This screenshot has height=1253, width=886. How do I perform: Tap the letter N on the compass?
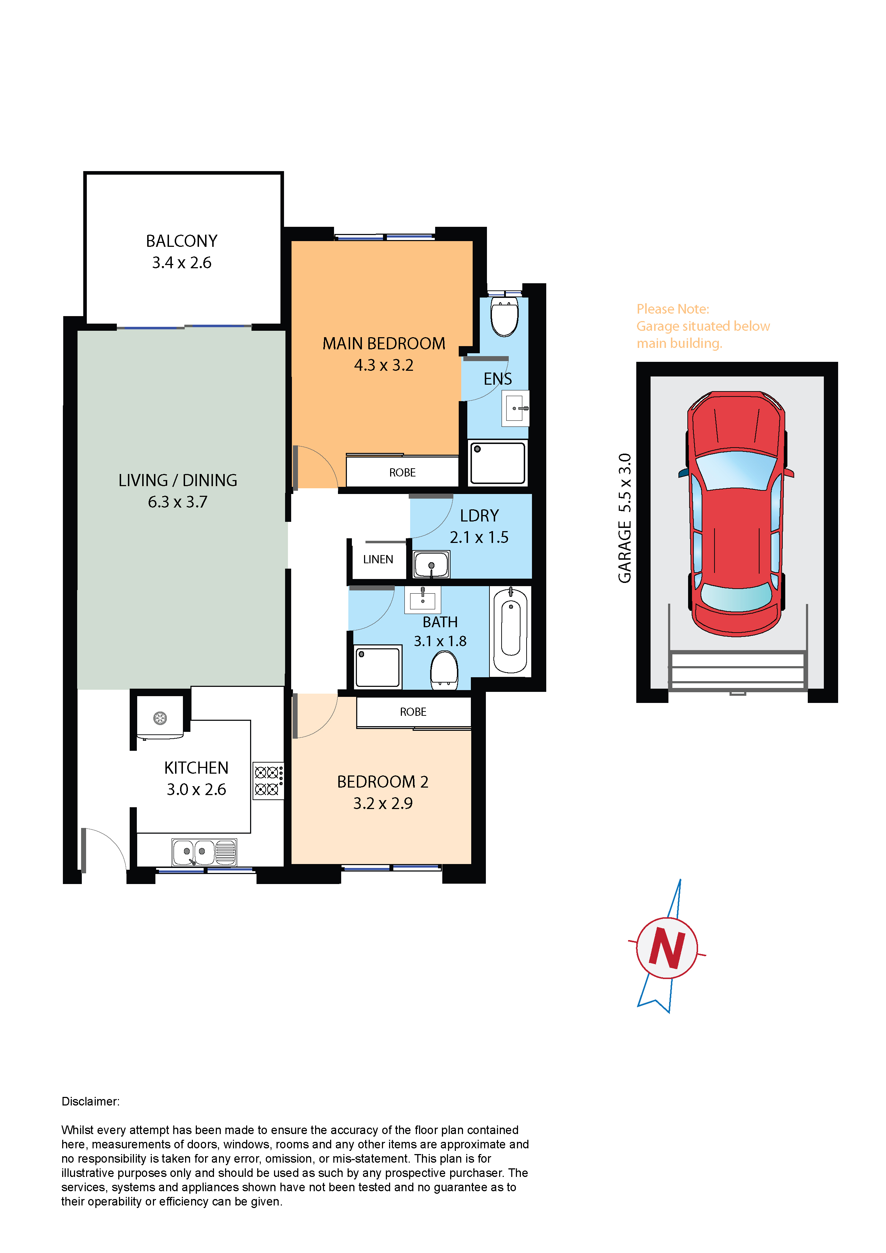(667, 948)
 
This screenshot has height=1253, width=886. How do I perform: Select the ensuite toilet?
(504, 316)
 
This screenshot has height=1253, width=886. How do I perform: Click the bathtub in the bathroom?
(511, 630)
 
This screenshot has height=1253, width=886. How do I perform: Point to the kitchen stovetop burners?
(268, 780)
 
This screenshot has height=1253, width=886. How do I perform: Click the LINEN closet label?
(378, 559)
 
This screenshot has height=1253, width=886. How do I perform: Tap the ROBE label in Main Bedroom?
(402, 473)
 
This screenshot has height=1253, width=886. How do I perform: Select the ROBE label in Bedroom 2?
(413, 712)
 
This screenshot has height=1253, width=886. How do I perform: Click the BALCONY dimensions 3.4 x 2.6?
(182, 263)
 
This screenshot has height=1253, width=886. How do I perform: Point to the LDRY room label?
(479, 516)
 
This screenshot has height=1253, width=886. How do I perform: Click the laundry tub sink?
(431, 564)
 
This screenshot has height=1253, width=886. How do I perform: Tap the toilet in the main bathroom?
(444, 671)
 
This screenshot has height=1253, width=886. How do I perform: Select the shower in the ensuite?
(498, 463)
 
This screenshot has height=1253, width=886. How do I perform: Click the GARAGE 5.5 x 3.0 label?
(624, 518)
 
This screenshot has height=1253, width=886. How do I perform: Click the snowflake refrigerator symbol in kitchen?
(160, 718)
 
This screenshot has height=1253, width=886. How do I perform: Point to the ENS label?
(497, 379)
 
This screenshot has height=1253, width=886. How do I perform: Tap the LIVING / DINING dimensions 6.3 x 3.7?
(178, 501)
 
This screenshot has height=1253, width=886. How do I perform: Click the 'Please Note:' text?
(673, 309)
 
